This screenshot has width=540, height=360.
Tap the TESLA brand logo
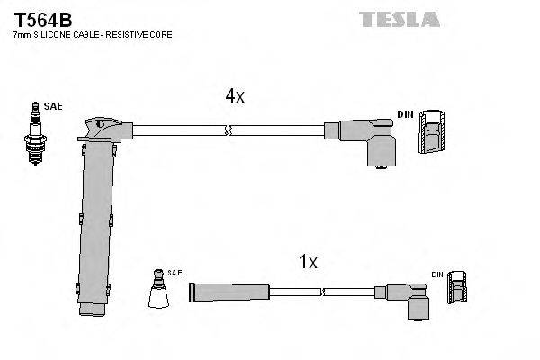(x=399, y=19)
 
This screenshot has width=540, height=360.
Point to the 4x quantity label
(x=234, y=96)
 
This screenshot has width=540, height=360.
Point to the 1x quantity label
(x=308, y=262)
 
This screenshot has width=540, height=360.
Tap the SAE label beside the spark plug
(x=54, y=106)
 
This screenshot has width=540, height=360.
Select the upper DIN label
(x=405, y=114)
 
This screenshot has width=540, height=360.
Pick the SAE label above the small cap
(x=162, y=271)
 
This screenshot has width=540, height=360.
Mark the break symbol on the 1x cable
(x=321, y=292)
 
